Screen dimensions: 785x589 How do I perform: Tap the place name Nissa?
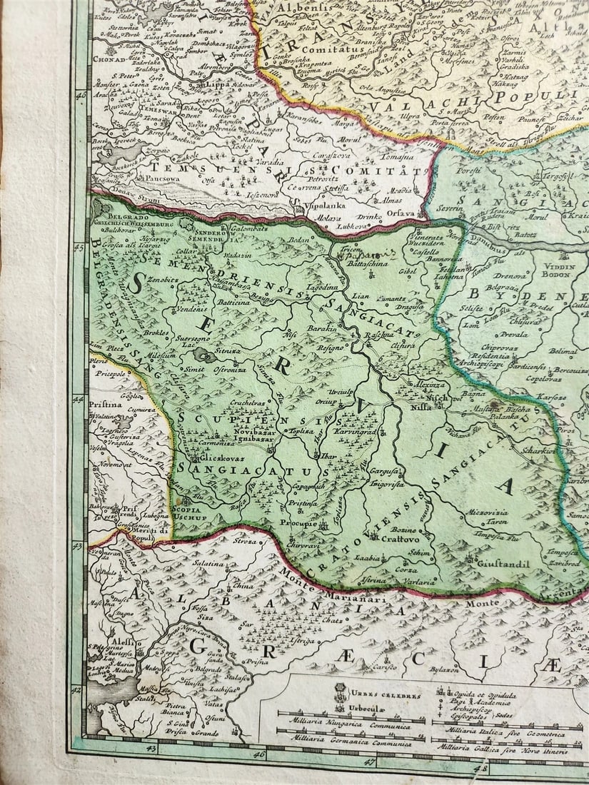coord(421,407)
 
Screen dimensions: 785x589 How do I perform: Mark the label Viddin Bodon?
coord(563,269)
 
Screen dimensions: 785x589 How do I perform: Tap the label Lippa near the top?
coord(216,84)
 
